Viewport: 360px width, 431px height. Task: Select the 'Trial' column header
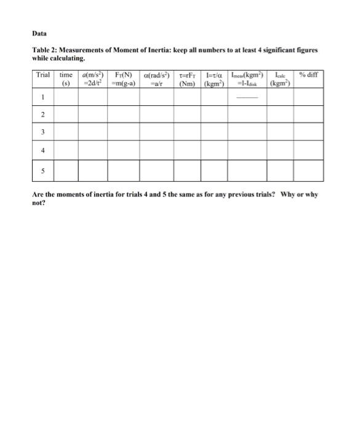42,76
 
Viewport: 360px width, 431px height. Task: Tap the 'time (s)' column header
66,79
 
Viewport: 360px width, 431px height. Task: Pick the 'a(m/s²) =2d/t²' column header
92,79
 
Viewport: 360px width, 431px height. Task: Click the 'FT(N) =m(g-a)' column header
123,79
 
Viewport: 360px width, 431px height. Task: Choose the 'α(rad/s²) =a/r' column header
156,79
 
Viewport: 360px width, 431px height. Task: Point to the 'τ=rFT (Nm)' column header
186,79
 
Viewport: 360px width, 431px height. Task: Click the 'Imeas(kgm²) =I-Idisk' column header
247,79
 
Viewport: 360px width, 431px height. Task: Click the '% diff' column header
308,76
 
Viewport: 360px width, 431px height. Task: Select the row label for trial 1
42,97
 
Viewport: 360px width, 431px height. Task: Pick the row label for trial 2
42,115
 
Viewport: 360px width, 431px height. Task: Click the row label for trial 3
42,132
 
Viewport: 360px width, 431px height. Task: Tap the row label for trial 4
42,150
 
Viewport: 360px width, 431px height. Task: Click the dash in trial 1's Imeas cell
247,97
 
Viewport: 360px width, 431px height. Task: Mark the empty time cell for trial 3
66,132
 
